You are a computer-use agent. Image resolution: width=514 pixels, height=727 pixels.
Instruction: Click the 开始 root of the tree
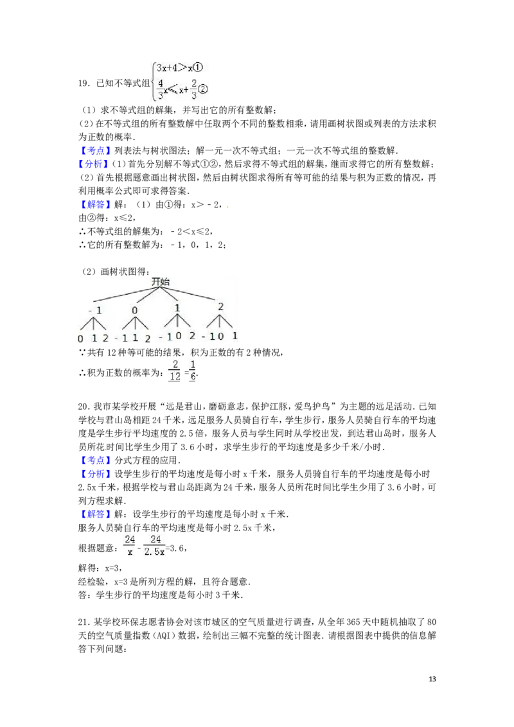click(x=160, y=282)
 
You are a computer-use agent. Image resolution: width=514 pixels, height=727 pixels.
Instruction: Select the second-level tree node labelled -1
click(x=95, y=311)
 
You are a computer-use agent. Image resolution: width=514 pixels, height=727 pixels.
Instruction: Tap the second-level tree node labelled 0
click(x=135, y=311)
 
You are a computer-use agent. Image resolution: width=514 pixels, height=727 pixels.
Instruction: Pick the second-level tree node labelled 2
click(x=220, y=307)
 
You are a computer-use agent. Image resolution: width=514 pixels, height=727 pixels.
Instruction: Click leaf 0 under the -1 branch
click(x=80, y=338)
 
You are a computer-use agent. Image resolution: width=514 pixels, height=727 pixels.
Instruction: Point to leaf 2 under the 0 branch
click(x=147, y=338)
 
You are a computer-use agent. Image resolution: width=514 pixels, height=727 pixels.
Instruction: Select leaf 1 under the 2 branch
click(x=235, y=336)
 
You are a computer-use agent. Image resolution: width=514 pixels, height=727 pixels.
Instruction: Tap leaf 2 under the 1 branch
click(x=191, y=335)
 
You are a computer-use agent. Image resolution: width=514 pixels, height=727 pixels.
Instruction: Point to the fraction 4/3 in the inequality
click(x=160, y=90)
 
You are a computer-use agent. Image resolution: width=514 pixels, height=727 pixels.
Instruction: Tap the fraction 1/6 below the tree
click(x=193, y=371)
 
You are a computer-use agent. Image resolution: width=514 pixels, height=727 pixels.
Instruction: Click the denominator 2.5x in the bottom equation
click(x=155, y=552)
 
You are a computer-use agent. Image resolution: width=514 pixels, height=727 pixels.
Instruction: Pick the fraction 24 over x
click(x=130, y=546)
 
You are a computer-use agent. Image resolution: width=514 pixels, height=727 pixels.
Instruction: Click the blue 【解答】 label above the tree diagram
click(x=96, y=206)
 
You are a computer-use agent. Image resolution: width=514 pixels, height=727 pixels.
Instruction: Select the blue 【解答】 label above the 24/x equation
click(x=96, y=514)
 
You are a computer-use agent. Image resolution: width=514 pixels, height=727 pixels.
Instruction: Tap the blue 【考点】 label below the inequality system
click(x=96, y=152)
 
